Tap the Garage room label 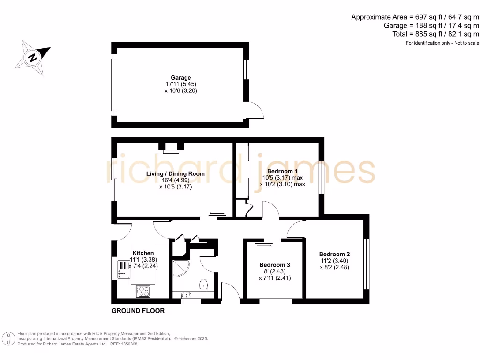tap(180, 78)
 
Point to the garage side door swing tap(256, 109)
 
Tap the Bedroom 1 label tap(282, 171)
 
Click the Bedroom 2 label tap(335, 255)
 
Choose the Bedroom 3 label tap(275, 265)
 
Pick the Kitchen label tap(143, 253)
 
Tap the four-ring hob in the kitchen tap(143, 291)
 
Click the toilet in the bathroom tap(203, 285)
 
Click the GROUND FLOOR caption tap(138, 311)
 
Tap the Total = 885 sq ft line tap(435, 34)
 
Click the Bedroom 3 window tap(275, 301)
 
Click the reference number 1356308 tap(128, 344)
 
